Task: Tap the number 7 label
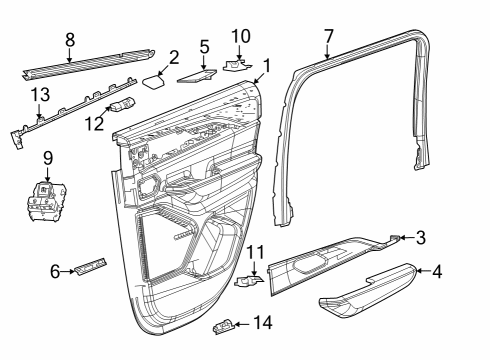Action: tap(327, 38)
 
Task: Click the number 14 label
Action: tap(263, 322)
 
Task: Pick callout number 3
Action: tap(421, 238)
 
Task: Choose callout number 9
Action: tap(47, 160)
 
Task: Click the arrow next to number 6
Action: tap(71, 270)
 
